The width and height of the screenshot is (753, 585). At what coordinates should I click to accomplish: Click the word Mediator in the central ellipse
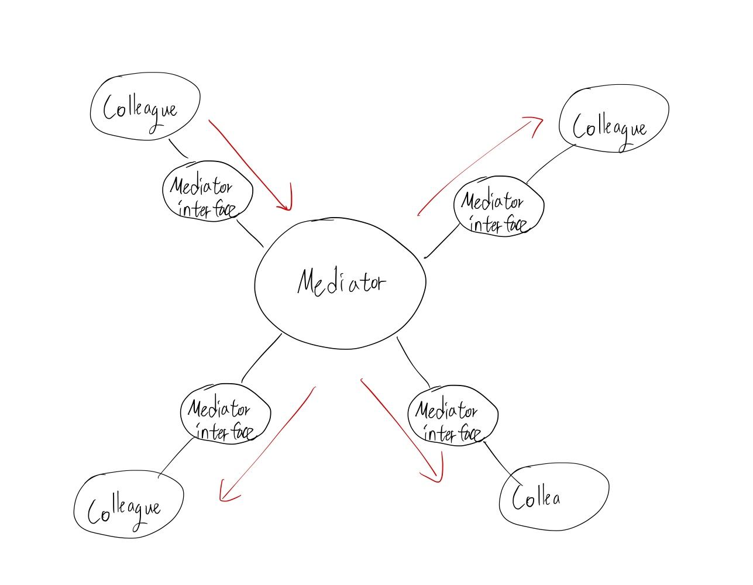point(341,283)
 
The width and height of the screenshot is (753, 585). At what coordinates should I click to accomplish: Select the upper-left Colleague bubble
point(145,108)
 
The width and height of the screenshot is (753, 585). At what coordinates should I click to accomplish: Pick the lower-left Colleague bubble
point(129,504)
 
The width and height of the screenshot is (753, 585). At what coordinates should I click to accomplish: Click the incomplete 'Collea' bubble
point(553,497)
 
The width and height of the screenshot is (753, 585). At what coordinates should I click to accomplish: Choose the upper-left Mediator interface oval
point(207,191)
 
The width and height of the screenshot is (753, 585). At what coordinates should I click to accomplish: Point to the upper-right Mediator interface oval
point(498,207)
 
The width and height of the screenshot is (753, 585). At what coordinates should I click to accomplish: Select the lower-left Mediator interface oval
point(225,414)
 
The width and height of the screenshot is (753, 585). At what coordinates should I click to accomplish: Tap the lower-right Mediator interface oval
point(452,415)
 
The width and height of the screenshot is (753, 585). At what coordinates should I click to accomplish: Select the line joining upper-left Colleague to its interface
point(178,149)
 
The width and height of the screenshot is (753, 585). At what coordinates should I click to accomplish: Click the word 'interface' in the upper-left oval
point(207,209)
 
